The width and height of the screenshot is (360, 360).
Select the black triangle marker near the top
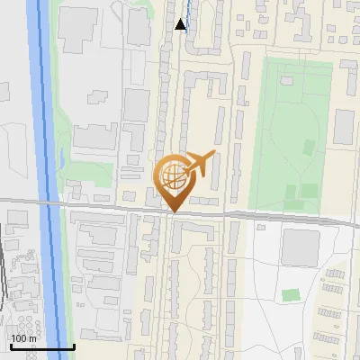click(181, 24)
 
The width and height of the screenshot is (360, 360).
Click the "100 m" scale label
click(22, 338)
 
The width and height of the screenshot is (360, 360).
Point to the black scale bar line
click(42, 346)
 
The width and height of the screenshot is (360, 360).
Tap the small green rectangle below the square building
click(290, 294)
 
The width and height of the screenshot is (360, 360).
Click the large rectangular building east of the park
click(345, 127)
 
